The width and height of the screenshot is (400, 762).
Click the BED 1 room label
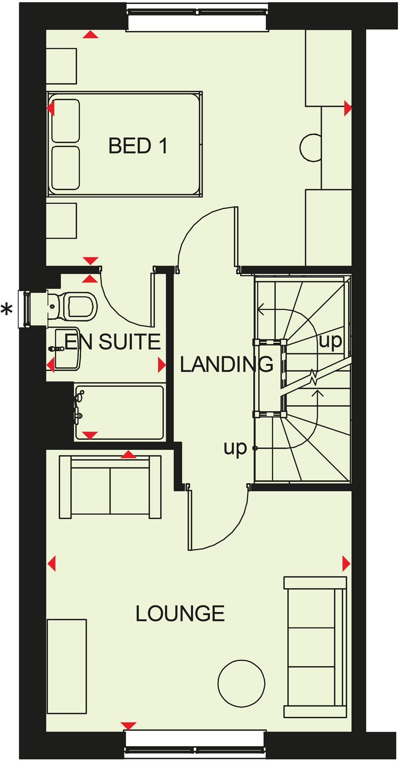pyautogui.click(x=138, y=146)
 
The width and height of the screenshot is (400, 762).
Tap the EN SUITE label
pyautogui.click(x=113, y=342)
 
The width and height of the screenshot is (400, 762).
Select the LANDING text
pyautogui.click(x=226, y=364)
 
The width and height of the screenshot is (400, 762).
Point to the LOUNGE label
pyautogui.click(x=180, y=613)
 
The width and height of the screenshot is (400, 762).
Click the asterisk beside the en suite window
pyautogui.click(x=7, y=310)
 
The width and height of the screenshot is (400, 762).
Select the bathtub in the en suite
pyautogui.click(x=120, y=412)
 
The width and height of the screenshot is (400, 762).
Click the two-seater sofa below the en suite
pyautogui.click(x=110, y=487)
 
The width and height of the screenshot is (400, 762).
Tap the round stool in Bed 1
pyautogui.click(x=311, y=147)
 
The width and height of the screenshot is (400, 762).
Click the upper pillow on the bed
pyautogui.click(x=65, y=120)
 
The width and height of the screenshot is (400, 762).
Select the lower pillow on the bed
pyautogui.click(x=65, y=168)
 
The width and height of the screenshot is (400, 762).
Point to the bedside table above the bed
pyautogui.click(x=61, y=66)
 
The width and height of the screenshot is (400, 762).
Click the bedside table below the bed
pyautogui.click(x=61, y=221)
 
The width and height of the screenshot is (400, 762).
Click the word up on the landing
pyautogui.click(x=235, y=448)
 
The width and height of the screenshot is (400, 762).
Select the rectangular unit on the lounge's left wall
pyautogui.click(x=67, y=666)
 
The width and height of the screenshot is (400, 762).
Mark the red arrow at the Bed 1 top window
pyautogui.click(x=90, y=35)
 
